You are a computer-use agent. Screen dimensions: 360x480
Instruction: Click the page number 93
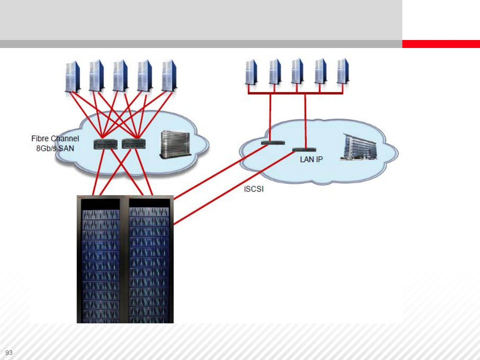click(x=9, y=353)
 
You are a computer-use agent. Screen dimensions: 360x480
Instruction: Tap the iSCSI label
click(x=254, y=189)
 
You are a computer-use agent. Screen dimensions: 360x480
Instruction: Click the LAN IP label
click(x=311, y=160)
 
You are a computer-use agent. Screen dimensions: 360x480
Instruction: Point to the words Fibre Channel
click(x=55, y=139)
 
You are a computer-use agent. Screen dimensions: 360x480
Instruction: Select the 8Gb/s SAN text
click(x=55, y=148)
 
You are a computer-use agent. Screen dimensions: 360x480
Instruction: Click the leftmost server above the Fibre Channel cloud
click(x=73, y=76)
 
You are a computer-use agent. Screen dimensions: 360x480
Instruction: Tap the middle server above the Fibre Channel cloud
click(x=120, y=76)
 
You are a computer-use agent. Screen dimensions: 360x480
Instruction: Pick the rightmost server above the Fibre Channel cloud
click(x=169, y=76)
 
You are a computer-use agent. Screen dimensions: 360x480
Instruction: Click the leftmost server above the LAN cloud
click(x=251, y=72)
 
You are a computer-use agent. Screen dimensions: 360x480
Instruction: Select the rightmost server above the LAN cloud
click(x=343, y=71)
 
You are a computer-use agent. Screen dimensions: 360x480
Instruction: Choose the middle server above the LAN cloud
click(x=297, y=71)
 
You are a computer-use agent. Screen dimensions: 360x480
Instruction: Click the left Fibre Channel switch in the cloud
click(x=105, y=144)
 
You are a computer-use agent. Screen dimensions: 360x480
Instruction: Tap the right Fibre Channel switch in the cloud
click(x=133, y=144)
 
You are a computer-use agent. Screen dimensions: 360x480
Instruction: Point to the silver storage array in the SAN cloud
click(x=175, y=144)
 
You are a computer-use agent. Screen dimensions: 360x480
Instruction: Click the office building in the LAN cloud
click(x=359, y=147)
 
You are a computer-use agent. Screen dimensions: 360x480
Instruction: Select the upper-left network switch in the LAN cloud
click(x=273, y=143)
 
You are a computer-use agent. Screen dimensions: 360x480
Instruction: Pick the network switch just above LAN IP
click(x=304, y=150)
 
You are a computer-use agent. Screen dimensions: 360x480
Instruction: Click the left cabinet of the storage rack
click(x=101, y=260)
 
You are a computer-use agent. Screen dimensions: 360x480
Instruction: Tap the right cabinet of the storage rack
click(x=149, y=260)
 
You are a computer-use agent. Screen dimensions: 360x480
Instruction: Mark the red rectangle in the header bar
click(x=441, y=44)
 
